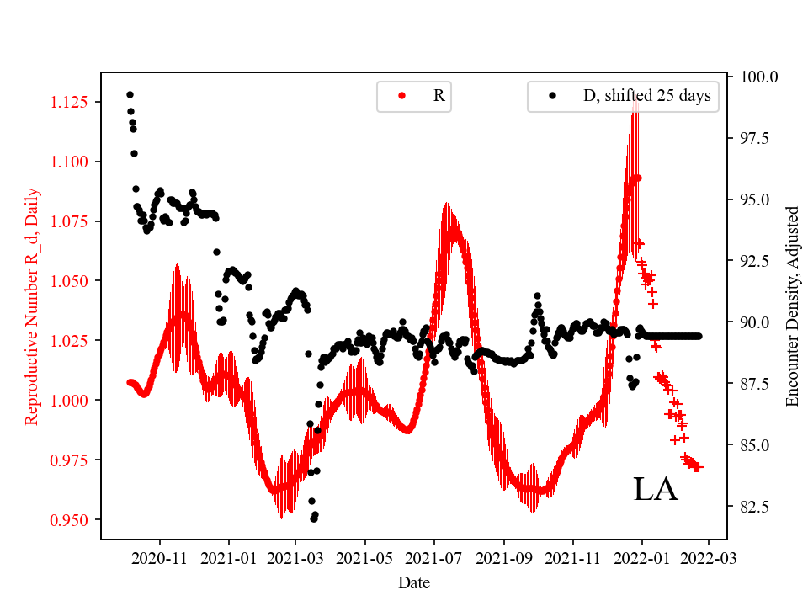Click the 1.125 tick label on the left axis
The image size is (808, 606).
pyautogui.click(x=73, y=103)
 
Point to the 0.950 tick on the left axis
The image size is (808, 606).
pyautogui.click(x=73, y=520)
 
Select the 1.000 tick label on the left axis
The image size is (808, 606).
pyautogui.click(x=73, y=401)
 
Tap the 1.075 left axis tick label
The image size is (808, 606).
pyautogui.click(x=73, y=222)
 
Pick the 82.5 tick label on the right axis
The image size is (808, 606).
pyautogui.click(x=755, y=507)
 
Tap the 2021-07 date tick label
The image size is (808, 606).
pyautogui.click(x=434, y=557)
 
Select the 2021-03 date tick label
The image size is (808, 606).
pyautogui.click(x=295, y=557)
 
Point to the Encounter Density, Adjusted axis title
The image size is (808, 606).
pyautogui.click(x=792, y=306)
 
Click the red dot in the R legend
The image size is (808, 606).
pyautogui.click(x=401, y=96)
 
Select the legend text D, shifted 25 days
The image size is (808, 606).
pyautogui.click(x=646, y=96)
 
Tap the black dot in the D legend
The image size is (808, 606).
pyautogui.click(x=552, y=96)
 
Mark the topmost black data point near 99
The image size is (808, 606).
pyautogui.click(x=130, y=94)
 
